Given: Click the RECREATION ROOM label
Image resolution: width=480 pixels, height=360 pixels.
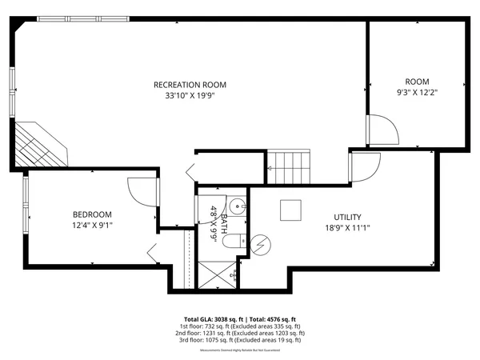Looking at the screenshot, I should click(190, 84).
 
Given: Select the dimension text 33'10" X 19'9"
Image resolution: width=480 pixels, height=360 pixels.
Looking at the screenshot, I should click(190, 96).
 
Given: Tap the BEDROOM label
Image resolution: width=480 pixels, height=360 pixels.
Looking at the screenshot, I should click(92, 214).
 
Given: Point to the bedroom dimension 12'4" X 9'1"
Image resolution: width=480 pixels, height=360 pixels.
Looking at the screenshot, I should click(92, 226).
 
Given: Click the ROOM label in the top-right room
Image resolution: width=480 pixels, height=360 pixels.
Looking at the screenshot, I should click(417, 82).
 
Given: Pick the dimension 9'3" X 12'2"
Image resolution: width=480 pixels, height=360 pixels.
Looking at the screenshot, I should click(417, 93).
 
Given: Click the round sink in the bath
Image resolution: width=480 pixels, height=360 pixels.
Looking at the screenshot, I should click(238, 204).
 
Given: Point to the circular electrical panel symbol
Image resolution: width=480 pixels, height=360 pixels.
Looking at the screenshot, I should click(262, 243).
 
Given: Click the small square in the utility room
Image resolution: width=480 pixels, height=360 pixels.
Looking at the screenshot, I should click(290, 210).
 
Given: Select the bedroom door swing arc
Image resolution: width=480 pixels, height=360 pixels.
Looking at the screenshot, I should click(139, 191).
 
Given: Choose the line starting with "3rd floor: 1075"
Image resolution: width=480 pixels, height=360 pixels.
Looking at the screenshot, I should click(240, 340).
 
